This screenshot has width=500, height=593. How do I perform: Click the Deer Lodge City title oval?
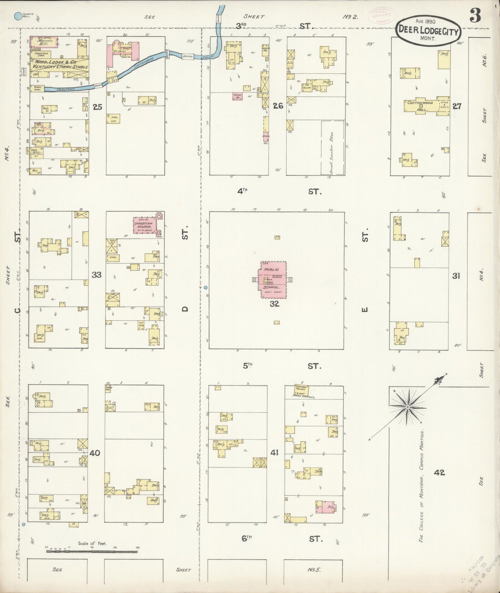(x=428, y=31)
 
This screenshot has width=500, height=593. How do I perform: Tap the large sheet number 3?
(x=475, y=16)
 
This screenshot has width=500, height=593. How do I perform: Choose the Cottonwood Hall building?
(x=420, y=106)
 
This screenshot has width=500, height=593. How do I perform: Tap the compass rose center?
(x=408, y=407)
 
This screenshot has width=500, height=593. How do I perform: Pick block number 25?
(x=98, y=107)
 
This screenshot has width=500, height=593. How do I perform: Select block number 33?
(x=97, y=275)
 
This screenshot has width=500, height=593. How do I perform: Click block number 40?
(x=95, y=453)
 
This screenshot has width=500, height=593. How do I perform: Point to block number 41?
(x=274, y=452)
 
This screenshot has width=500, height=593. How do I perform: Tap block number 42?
(x=439, y=472)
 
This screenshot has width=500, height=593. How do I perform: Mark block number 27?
(x=457, y=106)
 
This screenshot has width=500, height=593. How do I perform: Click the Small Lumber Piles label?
(x=331, y=152)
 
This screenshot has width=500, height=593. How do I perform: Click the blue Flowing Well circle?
(x=17, y=16)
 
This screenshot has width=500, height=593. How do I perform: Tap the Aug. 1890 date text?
(x=425, y=21)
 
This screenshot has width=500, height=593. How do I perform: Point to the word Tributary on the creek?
(x=66, y=89)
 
